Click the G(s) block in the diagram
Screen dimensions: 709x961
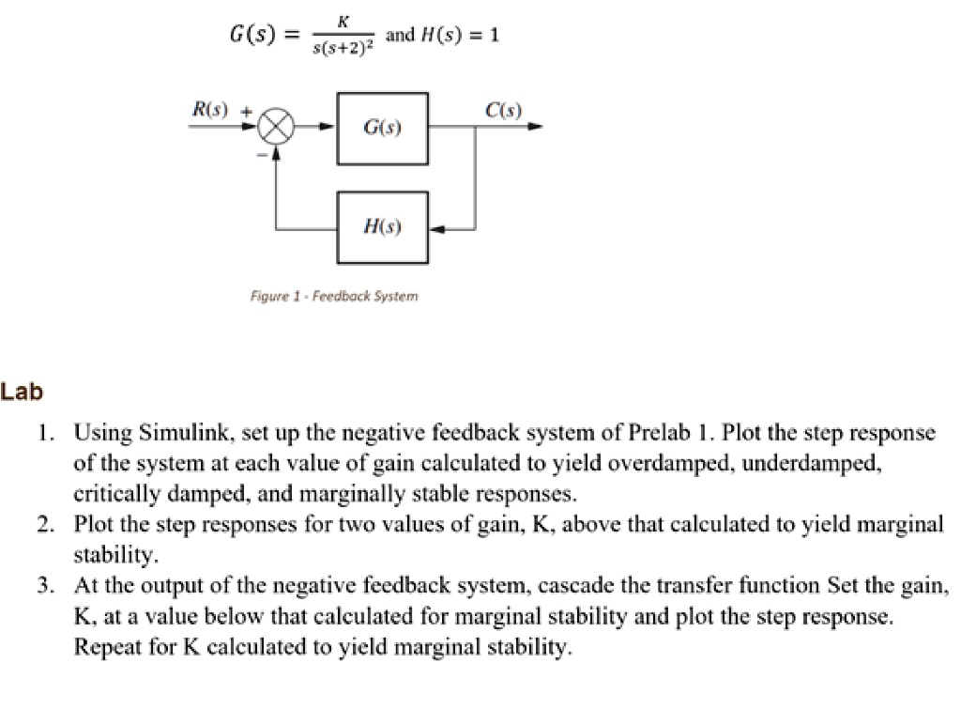pyautogui.click(x=383, y=128)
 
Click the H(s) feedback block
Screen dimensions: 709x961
pyautogui.click(x=383, y=227)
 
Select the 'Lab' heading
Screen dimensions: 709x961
pyautogui.click(x=22, y=393)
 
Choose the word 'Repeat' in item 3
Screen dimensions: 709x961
pyautogui.click(x=106, y=647)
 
